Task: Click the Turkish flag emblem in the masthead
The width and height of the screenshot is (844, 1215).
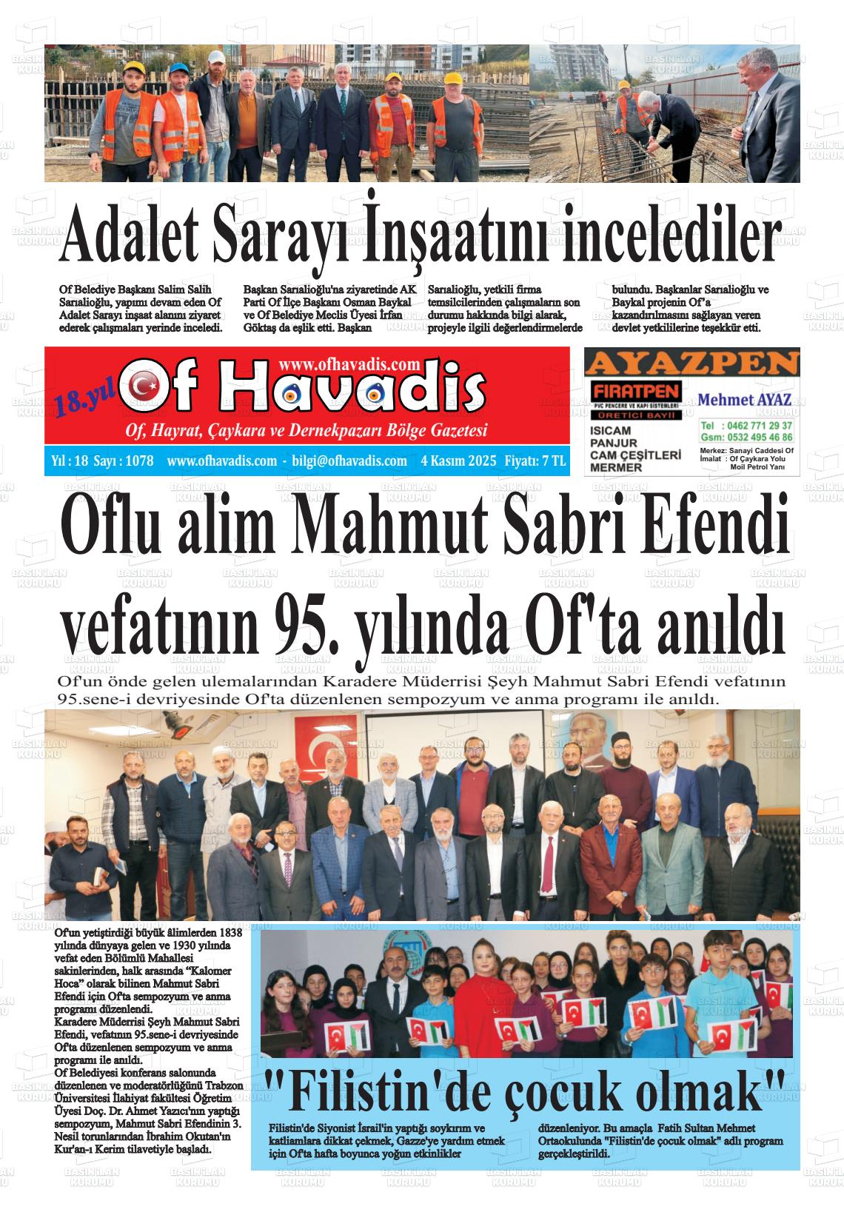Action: tap(145, 386)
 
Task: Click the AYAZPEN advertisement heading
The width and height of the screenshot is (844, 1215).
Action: tap(691, 364)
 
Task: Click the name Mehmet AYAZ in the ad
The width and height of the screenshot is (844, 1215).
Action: tap(745, 400)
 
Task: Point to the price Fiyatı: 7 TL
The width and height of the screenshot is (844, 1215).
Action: tap(535, 461)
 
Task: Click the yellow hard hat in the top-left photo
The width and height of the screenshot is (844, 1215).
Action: tap(135, 68)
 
